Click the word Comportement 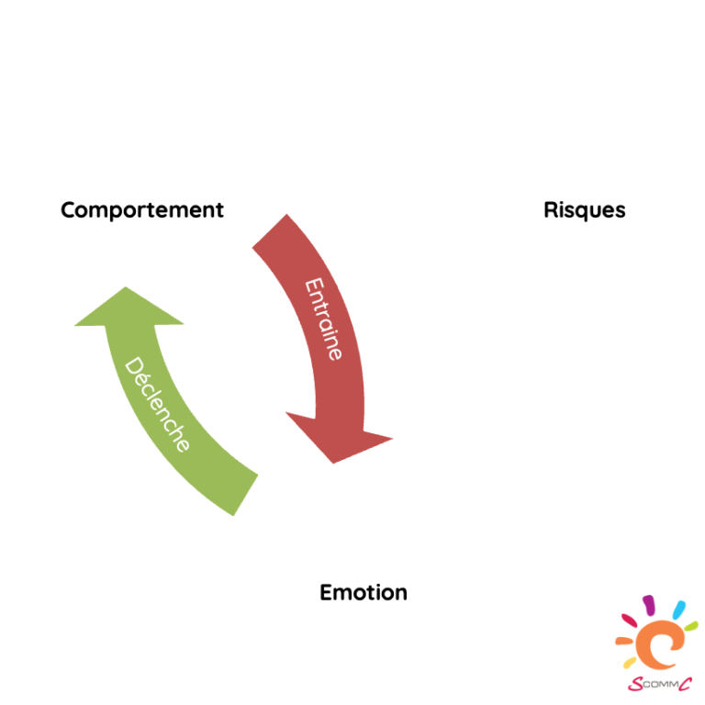click(142, 210)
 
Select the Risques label click(585, 210)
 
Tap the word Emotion click(364, 593)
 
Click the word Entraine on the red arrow click(324, 319)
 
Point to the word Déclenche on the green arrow click(157, 404)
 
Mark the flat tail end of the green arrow click(245, 495)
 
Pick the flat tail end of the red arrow click(269, 230)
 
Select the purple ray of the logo click(649, 604)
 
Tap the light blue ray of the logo click(679, 610)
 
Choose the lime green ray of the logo click(691, 625)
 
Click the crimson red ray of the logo click(629, 621)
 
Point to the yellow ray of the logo click(630, 662)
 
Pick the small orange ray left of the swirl click(624, 641)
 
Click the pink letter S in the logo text click(635, 684)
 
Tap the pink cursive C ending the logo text click(685, 684)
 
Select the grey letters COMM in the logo click(660, 685)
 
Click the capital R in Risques click(551, 209)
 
